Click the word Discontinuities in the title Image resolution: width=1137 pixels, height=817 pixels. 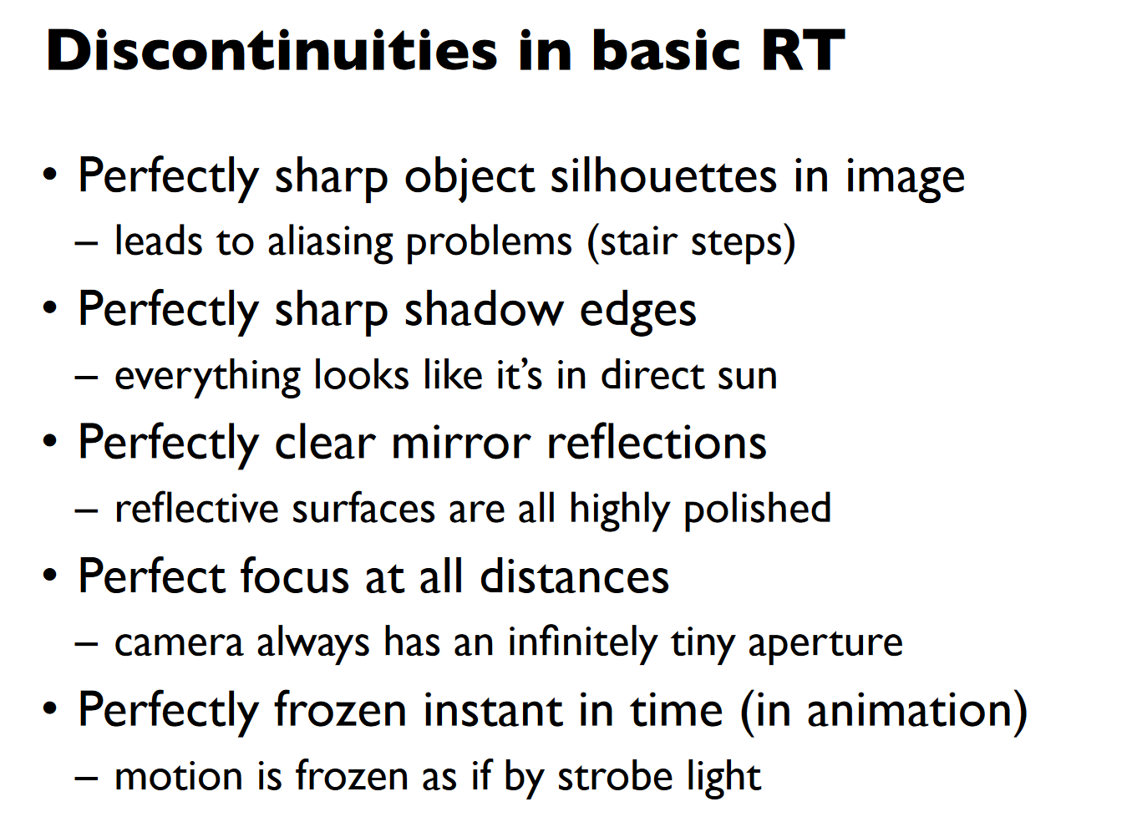point(272,50)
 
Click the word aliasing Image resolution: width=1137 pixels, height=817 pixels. point(330,242)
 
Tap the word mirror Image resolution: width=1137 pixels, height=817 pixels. point(461,443)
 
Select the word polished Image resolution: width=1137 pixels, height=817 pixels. point(758,509)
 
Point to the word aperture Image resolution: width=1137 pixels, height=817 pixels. point(825,643)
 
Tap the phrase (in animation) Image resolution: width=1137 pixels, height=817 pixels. point(884,710)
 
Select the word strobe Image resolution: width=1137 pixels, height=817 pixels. point(615,776)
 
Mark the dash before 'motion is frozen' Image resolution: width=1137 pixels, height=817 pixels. point(86,777)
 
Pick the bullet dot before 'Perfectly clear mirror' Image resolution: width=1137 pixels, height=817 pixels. point(50,441)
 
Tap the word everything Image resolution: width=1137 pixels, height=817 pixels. point(208,377)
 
